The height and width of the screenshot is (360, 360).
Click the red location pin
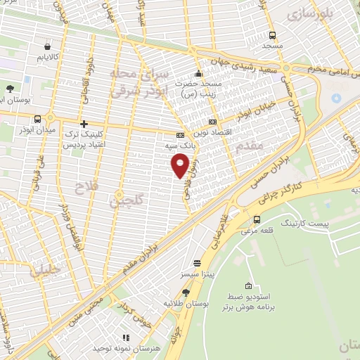point(180,165)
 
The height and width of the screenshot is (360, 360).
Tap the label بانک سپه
point(180,145)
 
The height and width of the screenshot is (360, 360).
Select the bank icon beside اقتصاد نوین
point(214,121)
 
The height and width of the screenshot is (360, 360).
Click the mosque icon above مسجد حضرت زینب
point(199,75)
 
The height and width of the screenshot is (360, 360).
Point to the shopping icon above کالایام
point(47,44)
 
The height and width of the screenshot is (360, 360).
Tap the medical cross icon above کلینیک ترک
point(84,124)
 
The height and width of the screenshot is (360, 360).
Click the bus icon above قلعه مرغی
point(258,221)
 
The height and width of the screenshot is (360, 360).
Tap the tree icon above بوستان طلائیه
point(186,292)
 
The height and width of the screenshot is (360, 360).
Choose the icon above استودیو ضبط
point(248,285)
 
